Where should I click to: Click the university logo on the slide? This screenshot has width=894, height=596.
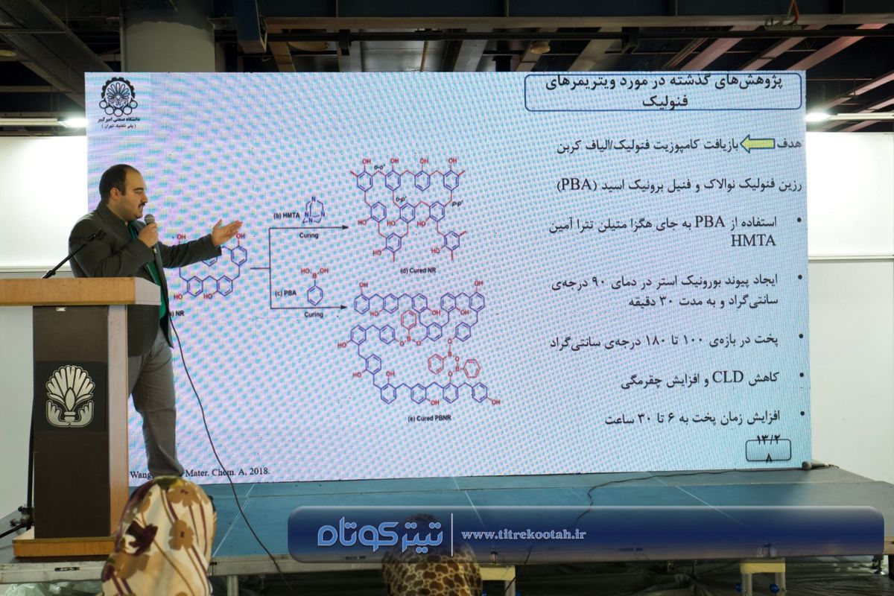point(118,96)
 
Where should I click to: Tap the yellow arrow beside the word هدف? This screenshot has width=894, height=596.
point(758,145)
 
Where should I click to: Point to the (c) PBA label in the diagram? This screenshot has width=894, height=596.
point(285,294)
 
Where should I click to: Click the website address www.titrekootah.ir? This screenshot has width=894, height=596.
point(523,534)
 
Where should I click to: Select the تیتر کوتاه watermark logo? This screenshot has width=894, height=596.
point(379,534)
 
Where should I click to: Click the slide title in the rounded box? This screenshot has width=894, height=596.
point(663,92)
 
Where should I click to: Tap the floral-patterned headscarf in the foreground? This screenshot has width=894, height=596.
point(160,540)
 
